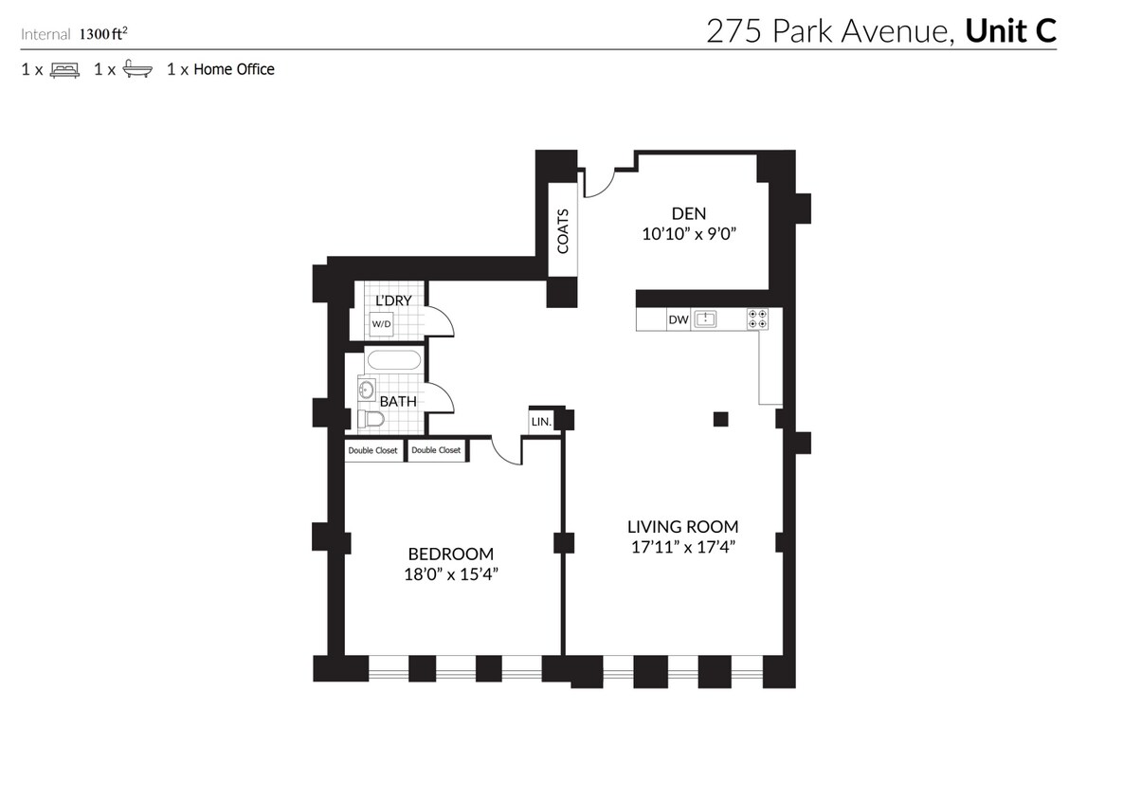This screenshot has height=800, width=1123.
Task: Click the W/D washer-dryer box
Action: [x=381, y=323]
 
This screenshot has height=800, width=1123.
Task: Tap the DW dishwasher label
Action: [x=678, y=319]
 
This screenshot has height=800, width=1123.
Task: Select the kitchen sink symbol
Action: [x=706, y=319]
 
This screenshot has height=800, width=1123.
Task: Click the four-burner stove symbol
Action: [x=757, y=319]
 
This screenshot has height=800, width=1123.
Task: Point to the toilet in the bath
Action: [x=371, y=419]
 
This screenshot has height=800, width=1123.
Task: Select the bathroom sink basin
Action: [x=368, y=388]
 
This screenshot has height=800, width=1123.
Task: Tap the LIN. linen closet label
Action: [x=541, y=420]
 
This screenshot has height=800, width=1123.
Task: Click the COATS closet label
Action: [x=563, y=230]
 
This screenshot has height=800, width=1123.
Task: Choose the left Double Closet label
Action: [x=373, y=451]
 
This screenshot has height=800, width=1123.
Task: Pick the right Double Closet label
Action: [x=436, y=451]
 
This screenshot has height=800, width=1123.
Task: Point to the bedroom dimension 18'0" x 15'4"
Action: [x=450, y=573]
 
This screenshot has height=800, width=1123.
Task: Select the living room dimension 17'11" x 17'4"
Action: [x=682, y=546]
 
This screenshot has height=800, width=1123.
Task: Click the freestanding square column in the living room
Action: [x=721, y=418]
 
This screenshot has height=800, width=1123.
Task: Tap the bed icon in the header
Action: [x=64, y=69]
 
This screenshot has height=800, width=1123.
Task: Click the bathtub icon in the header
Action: [x=137, y=69]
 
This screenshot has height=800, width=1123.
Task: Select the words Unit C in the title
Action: [x=1009, y=31]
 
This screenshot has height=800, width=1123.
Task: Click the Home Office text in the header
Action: [x=234, y=69]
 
